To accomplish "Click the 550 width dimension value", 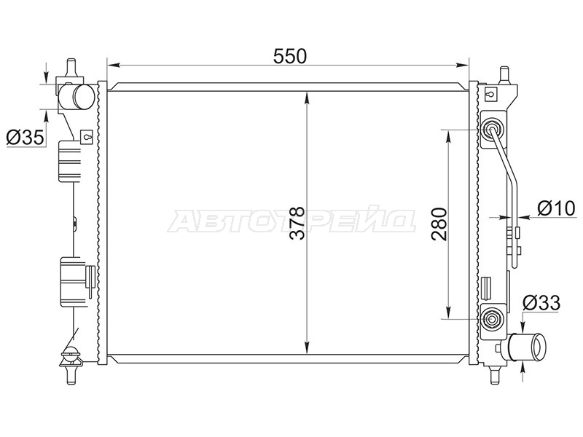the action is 290,56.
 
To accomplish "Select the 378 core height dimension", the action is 297,223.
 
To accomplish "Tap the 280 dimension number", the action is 439,224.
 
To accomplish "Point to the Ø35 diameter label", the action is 26,138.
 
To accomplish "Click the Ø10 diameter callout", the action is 557,208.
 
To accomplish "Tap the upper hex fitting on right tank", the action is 490,130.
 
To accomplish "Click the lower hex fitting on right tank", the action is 491,319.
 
